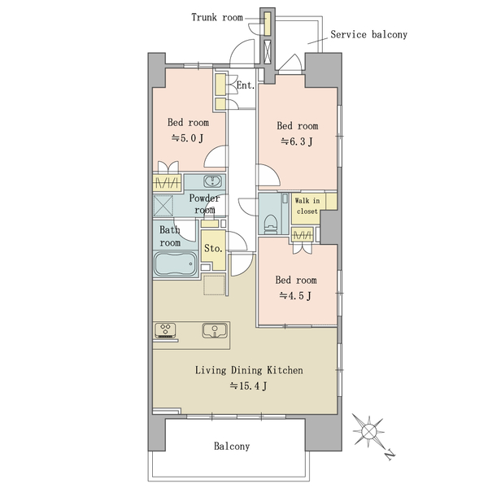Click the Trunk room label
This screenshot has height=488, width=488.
(217, 17)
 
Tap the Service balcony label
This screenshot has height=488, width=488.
(368, 34)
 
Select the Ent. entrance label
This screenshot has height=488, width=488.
(246, 85)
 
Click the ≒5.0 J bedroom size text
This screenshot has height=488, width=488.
(188, 138)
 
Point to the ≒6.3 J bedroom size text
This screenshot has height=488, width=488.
(297, 142)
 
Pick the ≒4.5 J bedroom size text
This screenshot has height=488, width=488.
(295, 296)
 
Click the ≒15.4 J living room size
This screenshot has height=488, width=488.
(248, 386)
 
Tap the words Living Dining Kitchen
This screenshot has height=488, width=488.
(249, 370)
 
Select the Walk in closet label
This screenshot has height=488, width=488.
(307, 206)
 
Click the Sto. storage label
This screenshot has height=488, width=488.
(213, 249)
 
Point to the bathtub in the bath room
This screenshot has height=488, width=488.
(176, 264)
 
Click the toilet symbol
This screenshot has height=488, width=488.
(271, 224)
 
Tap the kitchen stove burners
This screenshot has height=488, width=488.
(165, 330)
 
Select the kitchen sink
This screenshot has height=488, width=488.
(215, 330)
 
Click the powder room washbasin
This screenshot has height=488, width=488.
(213, 181)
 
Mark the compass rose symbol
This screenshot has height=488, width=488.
(368, 432)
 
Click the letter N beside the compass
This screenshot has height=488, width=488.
(390, 455)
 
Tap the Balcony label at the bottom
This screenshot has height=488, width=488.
(232, 447)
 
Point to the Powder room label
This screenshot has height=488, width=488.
(204, 204)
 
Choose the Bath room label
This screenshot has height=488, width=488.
(170, 237)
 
